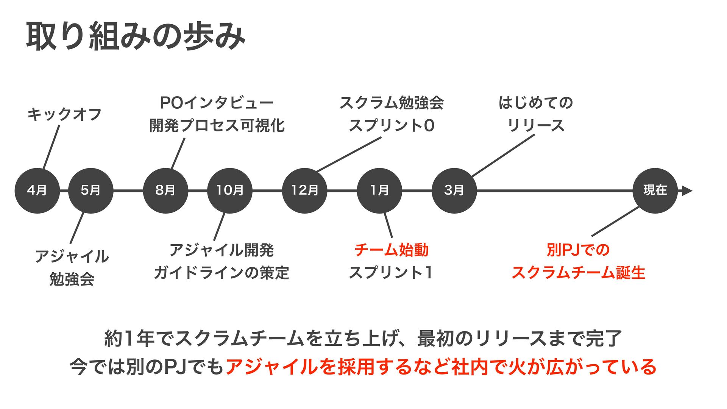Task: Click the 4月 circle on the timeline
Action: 37,190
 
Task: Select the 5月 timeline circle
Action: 90,190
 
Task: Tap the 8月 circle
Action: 165,190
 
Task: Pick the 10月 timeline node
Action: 230,190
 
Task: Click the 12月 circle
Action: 305,190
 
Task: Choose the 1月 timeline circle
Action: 379,190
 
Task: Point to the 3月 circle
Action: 454,190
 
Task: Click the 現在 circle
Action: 655,190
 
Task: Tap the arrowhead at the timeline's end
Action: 687,191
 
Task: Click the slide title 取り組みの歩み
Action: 136,37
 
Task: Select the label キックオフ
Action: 64,114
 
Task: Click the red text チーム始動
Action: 392,250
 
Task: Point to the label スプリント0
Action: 392,126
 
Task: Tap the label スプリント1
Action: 391,273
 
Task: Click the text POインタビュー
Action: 217,103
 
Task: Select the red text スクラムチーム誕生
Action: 578,273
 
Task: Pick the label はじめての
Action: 536,103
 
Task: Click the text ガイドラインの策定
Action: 222,273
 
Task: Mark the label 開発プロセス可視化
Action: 217,126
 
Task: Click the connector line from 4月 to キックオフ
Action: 51,147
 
